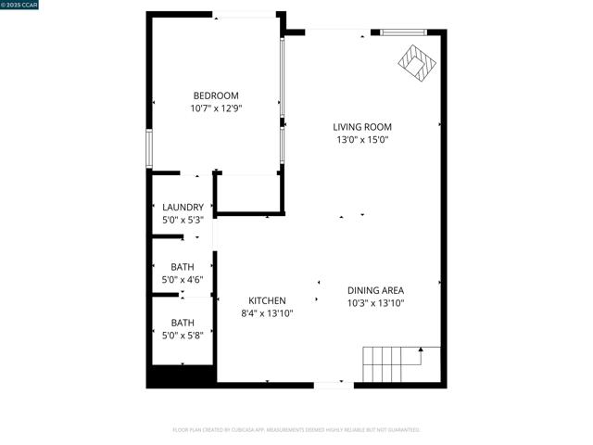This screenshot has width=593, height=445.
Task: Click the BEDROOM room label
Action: [216, 95]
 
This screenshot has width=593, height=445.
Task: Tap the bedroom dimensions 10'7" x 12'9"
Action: [216, 108]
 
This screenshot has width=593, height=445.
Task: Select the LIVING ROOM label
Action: [362, 127]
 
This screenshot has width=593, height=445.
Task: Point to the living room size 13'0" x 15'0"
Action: [362, 140]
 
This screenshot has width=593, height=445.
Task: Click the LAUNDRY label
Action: [183, 207]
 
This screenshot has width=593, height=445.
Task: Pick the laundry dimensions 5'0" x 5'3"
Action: [183, 220]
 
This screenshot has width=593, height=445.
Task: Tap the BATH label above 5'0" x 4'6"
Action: [183, 267]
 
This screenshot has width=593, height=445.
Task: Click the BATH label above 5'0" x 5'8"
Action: [183, 323]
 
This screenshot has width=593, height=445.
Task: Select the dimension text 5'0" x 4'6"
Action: [183, 280]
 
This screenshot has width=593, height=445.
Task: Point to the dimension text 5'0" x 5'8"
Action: [183, 336]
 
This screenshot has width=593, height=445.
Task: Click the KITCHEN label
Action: [267, 300]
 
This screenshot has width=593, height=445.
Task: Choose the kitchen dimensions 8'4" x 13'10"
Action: [267, 313]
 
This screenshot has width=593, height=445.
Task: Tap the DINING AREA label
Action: [375, 290]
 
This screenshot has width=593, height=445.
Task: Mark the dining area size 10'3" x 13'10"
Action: [375, 303]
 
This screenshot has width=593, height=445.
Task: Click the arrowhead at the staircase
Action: [421, 350]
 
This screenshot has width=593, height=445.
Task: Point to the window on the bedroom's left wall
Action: [148, 148]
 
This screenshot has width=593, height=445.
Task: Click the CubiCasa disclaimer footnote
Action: [296, 430]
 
